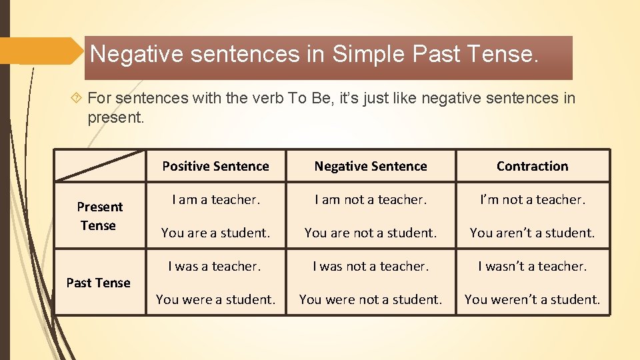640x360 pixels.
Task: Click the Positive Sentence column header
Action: (x=215, y=166)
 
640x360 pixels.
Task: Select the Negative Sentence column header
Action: (x=371, y=166)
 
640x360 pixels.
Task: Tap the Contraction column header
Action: (x=532, y=166)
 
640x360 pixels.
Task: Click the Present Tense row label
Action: (x=99, y=216)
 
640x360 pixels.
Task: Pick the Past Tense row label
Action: (x=99, y=283)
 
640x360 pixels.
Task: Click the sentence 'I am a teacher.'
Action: (x=215, y=199)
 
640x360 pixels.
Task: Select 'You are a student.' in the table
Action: (x=215, y=233)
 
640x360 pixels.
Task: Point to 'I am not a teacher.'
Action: (x=371, y=199)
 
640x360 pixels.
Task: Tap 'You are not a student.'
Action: (x=371, y=233)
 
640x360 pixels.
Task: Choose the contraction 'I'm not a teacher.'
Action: (x=532, y=199)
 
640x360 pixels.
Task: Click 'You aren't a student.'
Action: (x=532, y=233)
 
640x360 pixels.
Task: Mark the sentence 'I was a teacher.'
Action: (x=215, y=266)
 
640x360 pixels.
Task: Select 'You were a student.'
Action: (x=215, y=299)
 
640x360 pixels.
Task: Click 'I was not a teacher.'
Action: (x=371, y=266)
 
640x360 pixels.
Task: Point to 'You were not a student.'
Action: (x=371, y=299)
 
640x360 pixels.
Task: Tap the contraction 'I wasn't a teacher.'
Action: (x=532, y=266)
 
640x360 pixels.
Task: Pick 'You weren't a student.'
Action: (x=532, y=299)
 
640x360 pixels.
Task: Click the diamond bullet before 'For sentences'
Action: (x=77, y=99)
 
